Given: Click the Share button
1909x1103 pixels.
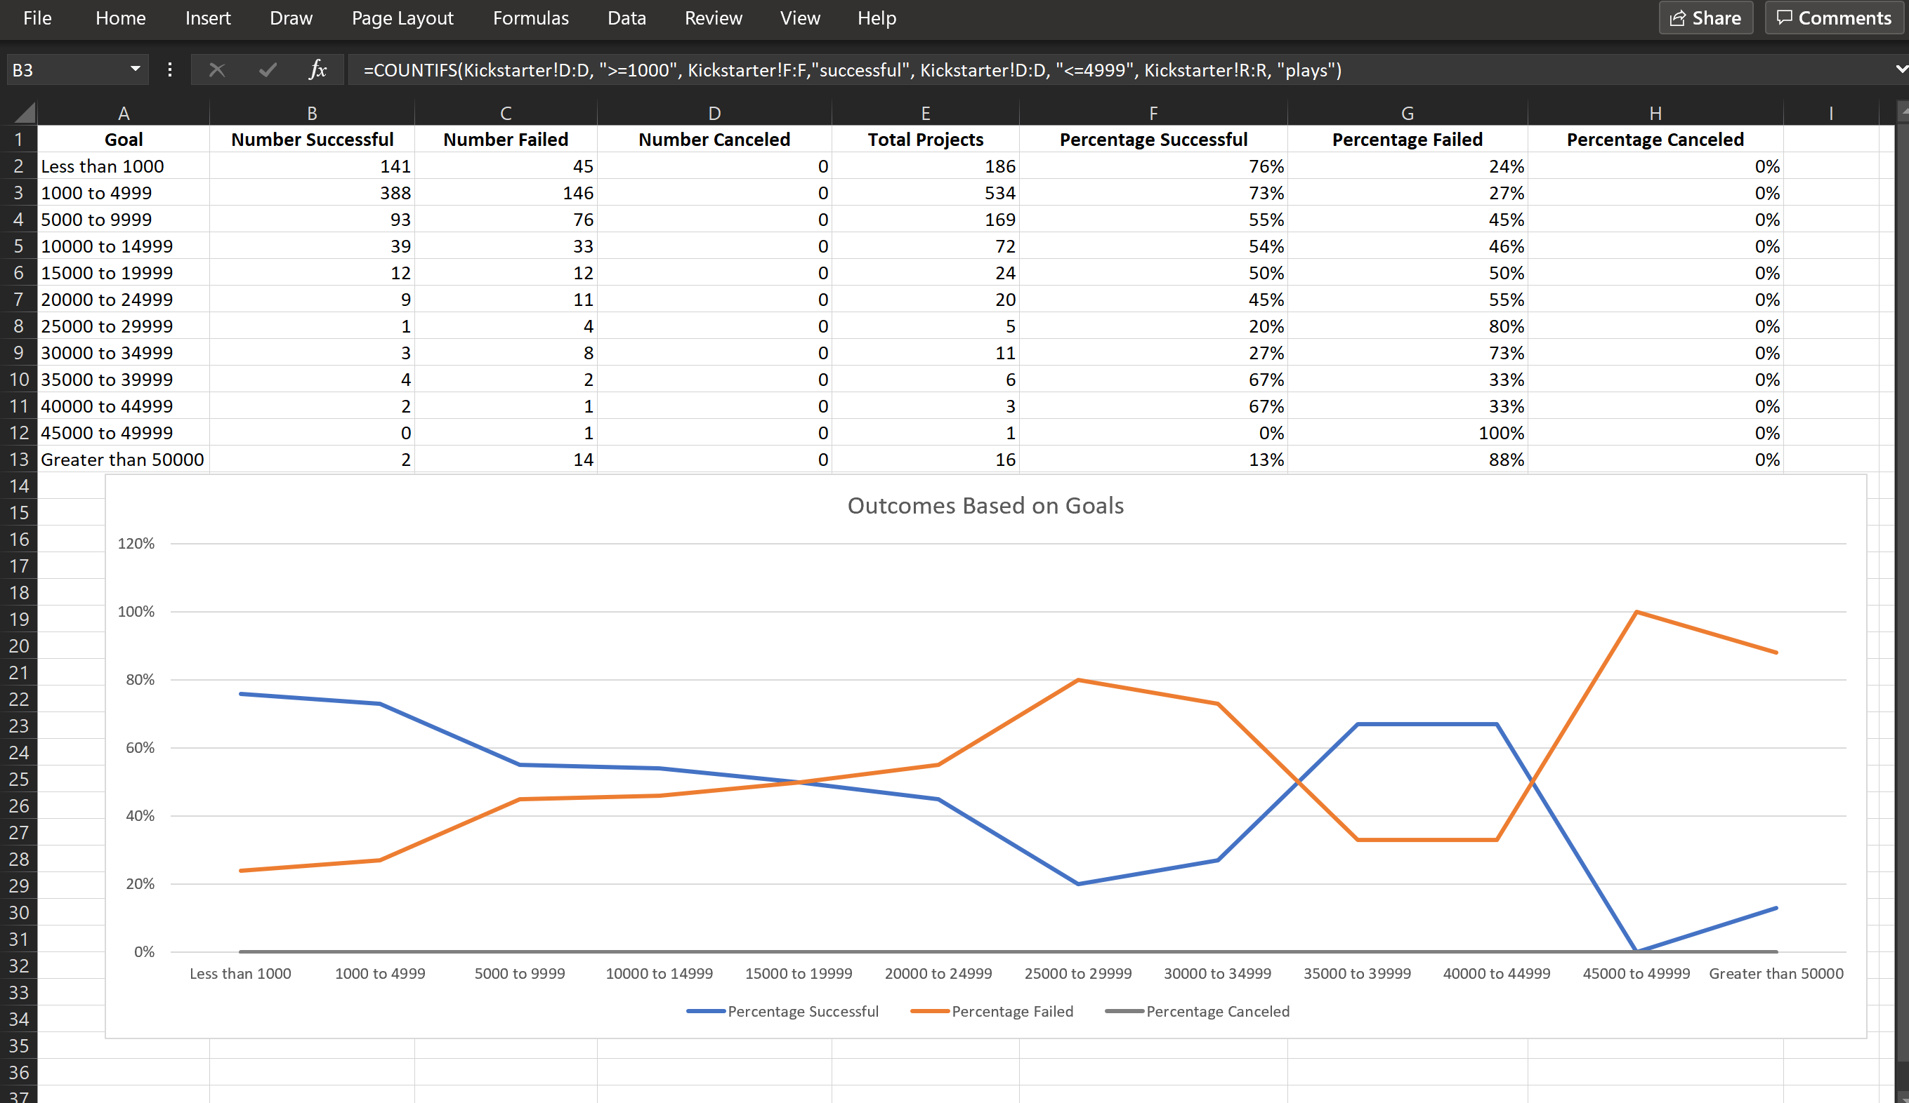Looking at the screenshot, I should [1705, 18].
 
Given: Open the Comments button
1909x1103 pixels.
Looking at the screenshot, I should [1834, 18].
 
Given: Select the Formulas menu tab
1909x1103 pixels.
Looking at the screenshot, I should [530, 18].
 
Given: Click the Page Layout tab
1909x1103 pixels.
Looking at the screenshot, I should [402, 18].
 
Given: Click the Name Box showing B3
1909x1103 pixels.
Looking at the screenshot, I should [68, 69].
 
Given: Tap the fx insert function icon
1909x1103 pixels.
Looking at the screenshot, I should [317, 69].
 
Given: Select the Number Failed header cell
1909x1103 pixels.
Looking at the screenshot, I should [505, 140].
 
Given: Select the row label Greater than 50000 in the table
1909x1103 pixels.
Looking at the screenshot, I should [122, 460].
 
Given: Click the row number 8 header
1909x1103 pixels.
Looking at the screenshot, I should [18, 326].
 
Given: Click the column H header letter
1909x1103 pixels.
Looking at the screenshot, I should [1655, 114].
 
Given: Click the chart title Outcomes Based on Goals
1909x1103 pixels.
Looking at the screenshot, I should [985, 506].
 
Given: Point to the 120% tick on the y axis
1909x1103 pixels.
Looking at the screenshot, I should [136, 544].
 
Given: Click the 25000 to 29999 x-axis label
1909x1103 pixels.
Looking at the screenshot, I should [1077, 974].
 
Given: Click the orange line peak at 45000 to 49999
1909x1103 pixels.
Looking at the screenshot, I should [1636, 612].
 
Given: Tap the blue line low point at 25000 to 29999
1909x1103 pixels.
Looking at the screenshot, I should [1078, 883].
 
